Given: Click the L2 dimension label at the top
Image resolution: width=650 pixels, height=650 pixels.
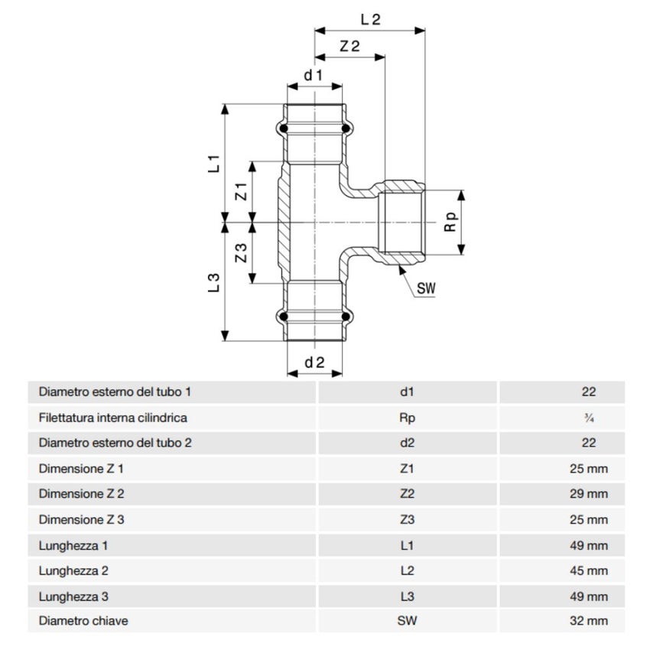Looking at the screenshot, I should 369,19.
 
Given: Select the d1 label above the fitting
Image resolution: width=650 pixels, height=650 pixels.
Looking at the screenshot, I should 314,75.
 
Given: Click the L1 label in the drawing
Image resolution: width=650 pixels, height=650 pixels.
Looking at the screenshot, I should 215,162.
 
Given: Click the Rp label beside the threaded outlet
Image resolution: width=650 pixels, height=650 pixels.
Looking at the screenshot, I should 451,222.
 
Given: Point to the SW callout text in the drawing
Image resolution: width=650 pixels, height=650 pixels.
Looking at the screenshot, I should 426,289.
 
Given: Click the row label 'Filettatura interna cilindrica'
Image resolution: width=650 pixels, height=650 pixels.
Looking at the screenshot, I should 112,418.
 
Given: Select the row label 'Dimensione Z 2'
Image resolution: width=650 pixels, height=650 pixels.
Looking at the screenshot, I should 81,494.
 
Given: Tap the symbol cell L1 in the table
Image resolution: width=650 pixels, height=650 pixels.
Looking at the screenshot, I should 407,545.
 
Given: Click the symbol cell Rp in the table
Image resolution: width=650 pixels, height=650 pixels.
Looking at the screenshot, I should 407,418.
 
